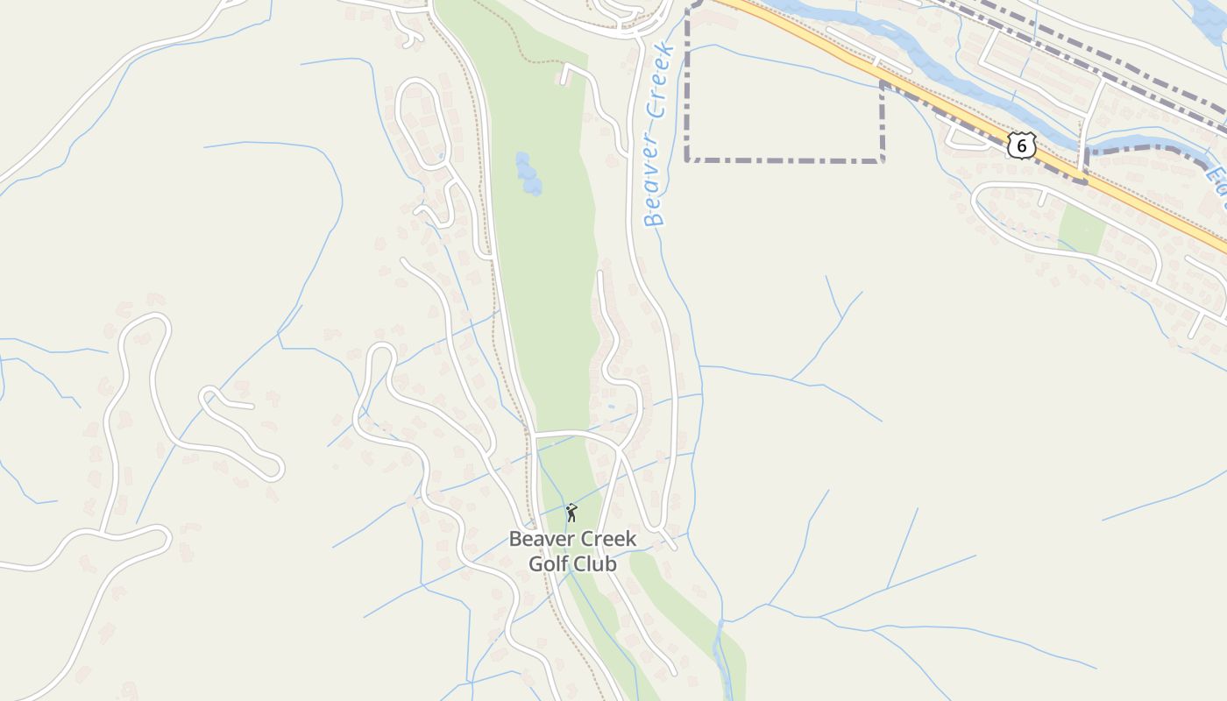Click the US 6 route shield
(x=1021, y=145)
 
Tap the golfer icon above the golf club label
(x=571, y=513)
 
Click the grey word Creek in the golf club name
(x=608, y=538)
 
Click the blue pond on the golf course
(x=527, y=173)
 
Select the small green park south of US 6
(x=1082, y=230)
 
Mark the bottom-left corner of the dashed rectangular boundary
(x=688, y=160)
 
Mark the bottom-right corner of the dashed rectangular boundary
(x=882, y=160)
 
